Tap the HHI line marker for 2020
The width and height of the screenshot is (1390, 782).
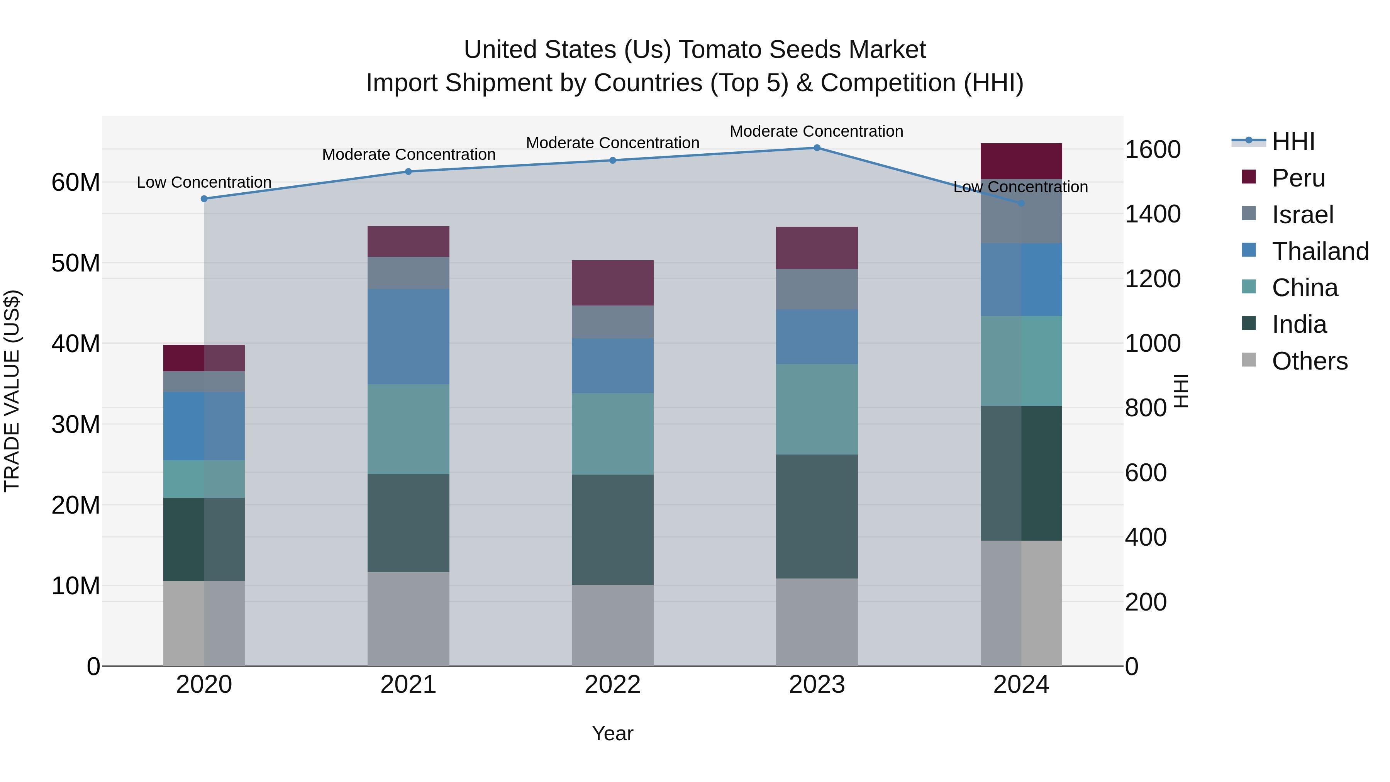click(x=204, y=198)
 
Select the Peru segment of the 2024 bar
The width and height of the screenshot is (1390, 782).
click(x=1021, y=161)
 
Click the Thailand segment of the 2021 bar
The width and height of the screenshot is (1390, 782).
click(x=408, y=336)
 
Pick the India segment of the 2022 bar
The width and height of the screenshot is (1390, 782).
click(x=612, y=529)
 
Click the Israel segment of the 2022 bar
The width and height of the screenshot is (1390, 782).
click(x=612, y=322)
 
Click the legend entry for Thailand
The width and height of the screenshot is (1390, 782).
click(x=1319, y=251)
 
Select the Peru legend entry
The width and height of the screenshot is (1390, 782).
click(x=1298, y=178)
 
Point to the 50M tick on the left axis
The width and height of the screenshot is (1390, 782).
click(x=76, y=263)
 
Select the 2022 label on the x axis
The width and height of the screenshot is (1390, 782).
click(x=612, y=685)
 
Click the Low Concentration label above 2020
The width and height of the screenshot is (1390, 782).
click(x=204, y=182)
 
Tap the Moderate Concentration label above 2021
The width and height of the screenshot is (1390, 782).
click(x=409, y=155)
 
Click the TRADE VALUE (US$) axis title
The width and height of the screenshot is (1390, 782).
click(x=12, y=391)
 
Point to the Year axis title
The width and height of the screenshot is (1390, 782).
click(x=612, y=733)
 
